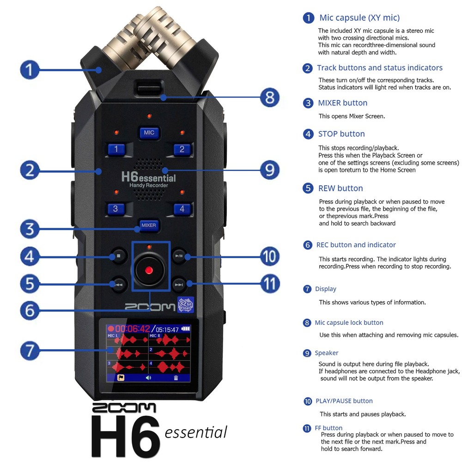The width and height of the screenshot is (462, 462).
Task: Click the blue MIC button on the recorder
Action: coord(149,133)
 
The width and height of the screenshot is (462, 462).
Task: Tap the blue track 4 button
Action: coord(182,208)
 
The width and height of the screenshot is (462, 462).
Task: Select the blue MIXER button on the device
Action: coord(148,225)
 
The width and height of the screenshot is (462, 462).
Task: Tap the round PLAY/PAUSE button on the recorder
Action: coord(178,255)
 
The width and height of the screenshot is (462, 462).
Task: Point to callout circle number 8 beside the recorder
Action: coord(269,97)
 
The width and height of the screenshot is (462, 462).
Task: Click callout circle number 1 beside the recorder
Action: coord(30,70)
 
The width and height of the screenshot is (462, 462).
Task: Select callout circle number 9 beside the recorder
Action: coord(269,170)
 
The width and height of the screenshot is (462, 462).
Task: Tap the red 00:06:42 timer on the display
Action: coord(132,329)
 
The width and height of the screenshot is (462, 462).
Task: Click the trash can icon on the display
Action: coord(176,377)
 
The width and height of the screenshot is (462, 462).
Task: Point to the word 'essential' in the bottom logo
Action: coord(196,432)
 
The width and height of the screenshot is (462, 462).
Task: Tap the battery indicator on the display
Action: coord(186,329)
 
